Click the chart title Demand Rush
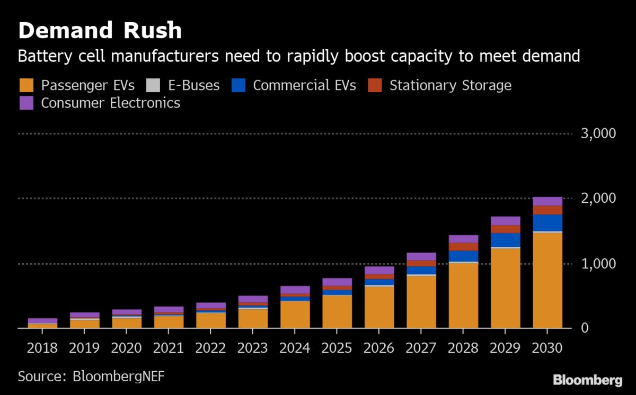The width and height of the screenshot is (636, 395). click(x=100, y=31)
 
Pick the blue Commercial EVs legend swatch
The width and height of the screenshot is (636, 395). click(x=238, y=86)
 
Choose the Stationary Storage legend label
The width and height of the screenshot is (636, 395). click(x=450, y=86)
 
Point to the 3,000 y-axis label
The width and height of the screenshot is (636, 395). click(x=598, y=133)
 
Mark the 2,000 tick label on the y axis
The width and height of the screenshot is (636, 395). click(x=598, y=199)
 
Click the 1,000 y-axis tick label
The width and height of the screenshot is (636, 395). click(x=598, y=264)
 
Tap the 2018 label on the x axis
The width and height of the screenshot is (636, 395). click(x=42, y=348)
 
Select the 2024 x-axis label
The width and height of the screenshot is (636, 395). click(x=295, y=348)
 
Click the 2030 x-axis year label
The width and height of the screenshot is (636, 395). click(x=547, y=348)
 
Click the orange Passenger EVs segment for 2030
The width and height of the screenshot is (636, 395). click(x=547, y=281)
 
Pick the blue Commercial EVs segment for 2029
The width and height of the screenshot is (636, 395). click(x=506, y=240)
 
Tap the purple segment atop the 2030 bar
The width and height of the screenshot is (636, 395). click(x=547, y=201)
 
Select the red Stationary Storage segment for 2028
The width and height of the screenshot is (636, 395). click(x=463, y=247)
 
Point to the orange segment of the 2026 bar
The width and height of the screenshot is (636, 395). click(x=379, y=307)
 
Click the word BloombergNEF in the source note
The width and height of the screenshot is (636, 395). click(x=121, y=376)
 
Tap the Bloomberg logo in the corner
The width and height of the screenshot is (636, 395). click(x=587, y=380)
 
